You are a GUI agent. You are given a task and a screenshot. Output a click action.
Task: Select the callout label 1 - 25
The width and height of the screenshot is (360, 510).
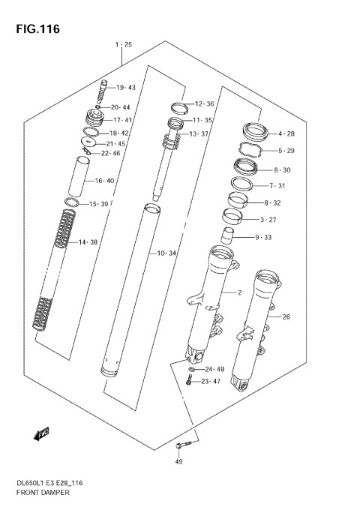pos(124,45)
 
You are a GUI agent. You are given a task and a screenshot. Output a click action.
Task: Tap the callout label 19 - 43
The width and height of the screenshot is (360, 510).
pos(125,88)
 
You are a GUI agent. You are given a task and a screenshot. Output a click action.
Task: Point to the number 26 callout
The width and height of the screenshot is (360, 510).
pos(285,316)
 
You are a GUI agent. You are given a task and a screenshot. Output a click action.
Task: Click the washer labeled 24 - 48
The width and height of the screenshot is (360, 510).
pos(192,370)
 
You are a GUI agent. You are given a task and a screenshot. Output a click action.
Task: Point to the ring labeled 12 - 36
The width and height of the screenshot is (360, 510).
pos(178,105)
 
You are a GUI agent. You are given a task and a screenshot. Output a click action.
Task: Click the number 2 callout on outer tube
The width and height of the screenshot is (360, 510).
pos(239,292)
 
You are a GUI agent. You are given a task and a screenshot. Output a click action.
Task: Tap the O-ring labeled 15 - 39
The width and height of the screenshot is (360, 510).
pos(72,203)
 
